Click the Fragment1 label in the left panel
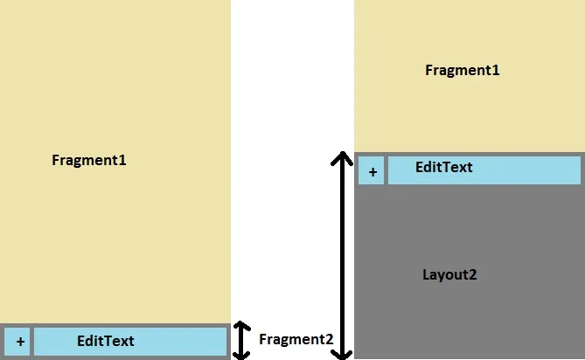click(89, 160)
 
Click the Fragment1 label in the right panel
click(462, 70)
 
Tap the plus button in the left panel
click(19, 342)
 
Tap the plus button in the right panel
click(372, 171)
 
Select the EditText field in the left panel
click(130, 342)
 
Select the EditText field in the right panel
click(484, 170)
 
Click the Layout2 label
click(449, 274)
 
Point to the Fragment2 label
click(296, 340)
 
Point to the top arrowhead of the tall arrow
click(342, 159)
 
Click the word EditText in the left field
click(106, 341)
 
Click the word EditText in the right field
click(443, 167)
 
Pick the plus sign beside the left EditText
click(19, 342)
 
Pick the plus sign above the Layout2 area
click(372, 171)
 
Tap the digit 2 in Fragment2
click(328, 340)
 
